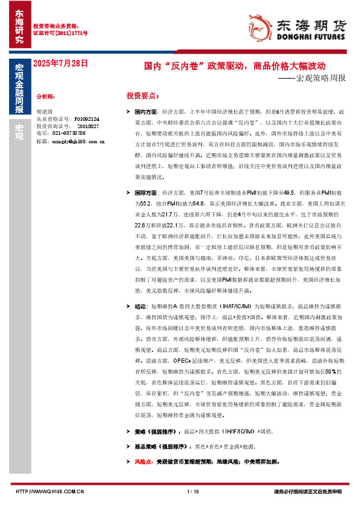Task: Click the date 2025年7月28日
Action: pos(60,63)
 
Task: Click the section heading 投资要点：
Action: pos(143,96)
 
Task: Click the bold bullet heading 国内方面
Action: pos(146,112)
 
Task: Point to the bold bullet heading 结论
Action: pos(140,306)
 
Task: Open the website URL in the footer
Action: pos(48,491)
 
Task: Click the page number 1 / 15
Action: pos(194,491)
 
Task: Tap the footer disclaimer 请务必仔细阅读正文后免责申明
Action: pos(308,491)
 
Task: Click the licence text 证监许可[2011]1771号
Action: pos(60,34)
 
